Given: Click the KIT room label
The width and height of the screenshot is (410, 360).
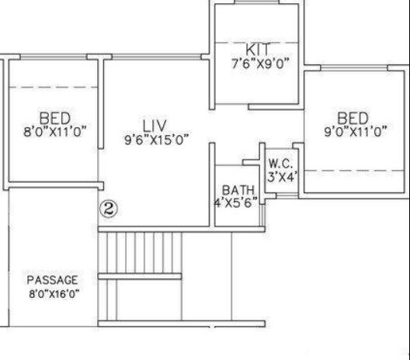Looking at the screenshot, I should [x=256, y=50].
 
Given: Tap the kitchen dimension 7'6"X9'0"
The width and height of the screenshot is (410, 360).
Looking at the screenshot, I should [x=260, y=64].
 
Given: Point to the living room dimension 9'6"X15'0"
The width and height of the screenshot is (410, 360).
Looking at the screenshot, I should [x=156, y=140].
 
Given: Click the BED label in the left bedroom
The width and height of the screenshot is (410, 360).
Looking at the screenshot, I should [x=54, y=118].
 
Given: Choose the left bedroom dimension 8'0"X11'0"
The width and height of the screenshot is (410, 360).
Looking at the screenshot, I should [x=54, y=131].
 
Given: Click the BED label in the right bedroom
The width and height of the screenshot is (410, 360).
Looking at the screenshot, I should [x=353, y=118].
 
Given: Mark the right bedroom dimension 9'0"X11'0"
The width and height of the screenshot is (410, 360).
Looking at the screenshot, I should [x=355, y=132].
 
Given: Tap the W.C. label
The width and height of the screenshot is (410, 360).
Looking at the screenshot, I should [x=280, y=163].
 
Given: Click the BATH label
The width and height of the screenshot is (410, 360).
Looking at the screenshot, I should [x=238, y=190].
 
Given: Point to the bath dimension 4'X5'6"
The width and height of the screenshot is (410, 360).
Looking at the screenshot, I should [x=236, y=203].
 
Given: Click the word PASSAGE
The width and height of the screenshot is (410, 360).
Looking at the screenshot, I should [x=53, y=279].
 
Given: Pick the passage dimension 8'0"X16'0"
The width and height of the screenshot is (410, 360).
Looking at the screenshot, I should [x=54, y=293].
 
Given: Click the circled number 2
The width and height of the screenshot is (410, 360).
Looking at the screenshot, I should [x=109, y=209].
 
